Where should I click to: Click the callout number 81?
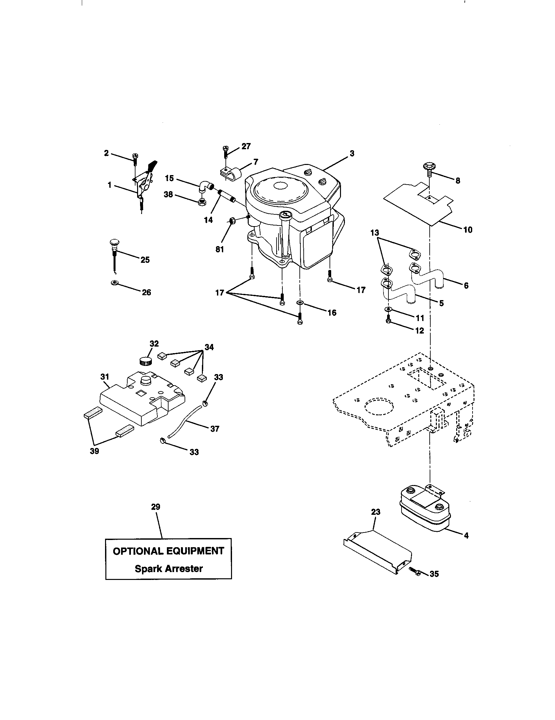pos(220,250)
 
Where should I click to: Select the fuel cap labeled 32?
pos(145,360)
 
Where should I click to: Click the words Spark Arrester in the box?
pos(169,568)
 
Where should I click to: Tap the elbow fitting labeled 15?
pos(205,187)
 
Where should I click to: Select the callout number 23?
pos(375,512)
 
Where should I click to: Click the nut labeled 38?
pos(201,202)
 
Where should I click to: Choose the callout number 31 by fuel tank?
pos(105,376)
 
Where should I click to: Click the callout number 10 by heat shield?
pos(468,230)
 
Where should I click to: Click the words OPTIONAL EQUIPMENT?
pos(169,551)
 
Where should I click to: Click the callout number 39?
pos(94,451)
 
